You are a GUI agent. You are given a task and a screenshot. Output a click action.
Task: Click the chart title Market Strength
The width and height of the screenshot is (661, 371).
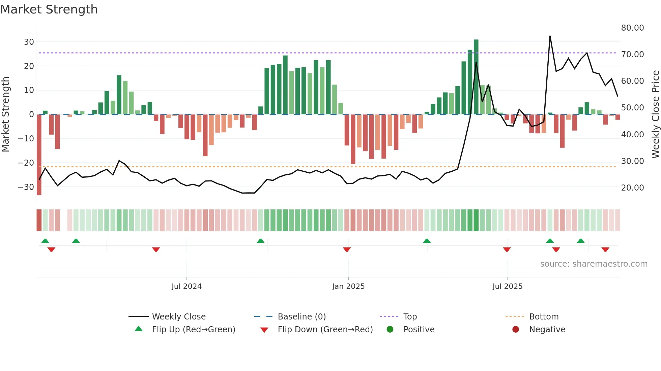pyautogui.click(x=49, y=9)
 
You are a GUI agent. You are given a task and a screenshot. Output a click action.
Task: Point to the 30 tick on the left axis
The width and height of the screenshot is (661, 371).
pyautogui.click(x=29, y=42)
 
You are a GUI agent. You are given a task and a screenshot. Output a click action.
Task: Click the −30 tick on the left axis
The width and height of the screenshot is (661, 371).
pyautogui.click(x=26, y=187)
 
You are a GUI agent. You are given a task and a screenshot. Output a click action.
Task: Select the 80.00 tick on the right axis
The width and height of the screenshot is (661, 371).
pyautogui.click(x=632, y=28)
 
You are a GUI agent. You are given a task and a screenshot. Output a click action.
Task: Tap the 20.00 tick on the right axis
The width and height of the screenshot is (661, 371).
pyautogui.click(x=632, y=188)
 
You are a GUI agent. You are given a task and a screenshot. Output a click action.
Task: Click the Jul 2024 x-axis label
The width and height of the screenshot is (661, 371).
pyautogui.click(x=186, y=286)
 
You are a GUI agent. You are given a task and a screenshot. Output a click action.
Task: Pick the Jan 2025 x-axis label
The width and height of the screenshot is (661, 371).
pyautogui.click(x=348, y=286)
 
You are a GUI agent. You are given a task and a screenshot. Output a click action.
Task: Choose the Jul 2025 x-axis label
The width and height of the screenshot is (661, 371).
pyautogui.click(x=507, y=286)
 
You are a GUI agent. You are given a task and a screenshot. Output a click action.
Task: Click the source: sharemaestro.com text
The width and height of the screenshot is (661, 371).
pyautogui.click(x=594, y=264)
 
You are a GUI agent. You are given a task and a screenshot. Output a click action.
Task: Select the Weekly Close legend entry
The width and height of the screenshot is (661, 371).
pyautogui.click(x=178, y=317)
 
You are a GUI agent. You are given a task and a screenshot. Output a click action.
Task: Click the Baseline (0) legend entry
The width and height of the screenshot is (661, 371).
pyautogui.click(x=301, y=317)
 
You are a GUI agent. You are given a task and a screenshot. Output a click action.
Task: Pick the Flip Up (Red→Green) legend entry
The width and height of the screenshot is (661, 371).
pyautogui.click(x=193, y=330)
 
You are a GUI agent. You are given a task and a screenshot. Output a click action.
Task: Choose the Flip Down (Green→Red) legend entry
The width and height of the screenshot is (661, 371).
pyautogui.click(x=325, y=330)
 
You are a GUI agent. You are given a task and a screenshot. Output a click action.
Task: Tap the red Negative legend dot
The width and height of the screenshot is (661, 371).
pyautogui.click(x=516, y=330)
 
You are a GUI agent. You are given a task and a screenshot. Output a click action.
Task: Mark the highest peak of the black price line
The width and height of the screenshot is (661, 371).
pyautogui.click(x=550, y=36)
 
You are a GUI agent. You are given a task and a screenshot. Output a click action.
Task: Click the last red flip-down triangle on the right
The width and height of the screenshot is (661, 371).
pyautogui.click(x=605, y=249)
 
